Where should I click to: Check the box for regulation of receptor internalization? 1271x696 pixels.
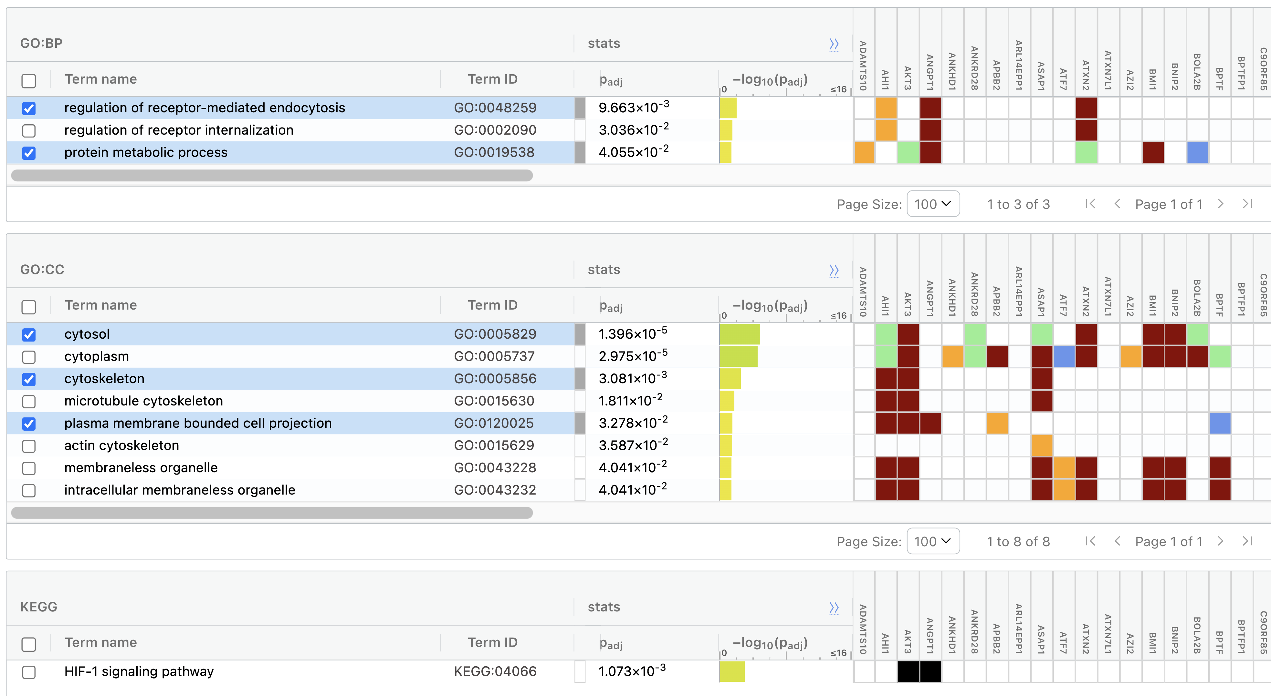tap(29, 131)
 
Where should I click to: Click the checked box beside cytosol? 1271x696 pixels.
tap(29, 335)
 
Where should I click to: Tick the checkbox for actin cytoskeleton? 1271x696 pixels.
tap(29, 446)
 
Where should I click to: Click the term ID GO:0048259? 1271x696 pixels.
tap(495, 108)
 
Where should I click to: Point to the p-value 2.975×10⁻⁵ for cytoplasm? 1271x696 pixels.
tap(633, 355)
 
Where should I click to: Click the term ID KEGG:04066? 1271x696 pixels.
tap(495, 671)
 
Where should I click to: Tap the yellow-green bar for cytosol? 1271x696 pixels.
tap(740, 334)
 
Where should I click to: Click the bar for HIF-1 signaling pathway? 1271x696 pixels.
tap(732, 671)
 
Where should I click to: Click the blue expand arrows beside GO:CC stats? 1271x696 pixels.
tap(834, 270)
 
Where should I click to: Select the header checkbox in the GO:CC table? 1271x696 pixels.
tap(29, 307)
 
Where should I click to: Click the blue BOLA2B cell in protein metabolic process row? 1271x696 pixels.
tap(1197, 152)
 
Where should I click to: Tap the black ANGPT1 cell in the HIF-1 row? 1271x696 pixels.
tap(930, 671)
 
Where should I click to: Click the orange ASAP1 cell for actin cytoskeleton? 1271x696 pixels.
tap(1042, 445)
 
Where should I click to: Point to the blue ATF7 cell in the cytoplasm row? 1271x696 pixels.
tap(1064, 356)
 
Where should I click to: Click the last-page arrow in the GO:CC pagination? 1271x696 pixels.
tap(1247, 541)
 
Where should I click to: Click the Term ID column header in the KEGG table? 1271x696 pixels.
tap(492, 642)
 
